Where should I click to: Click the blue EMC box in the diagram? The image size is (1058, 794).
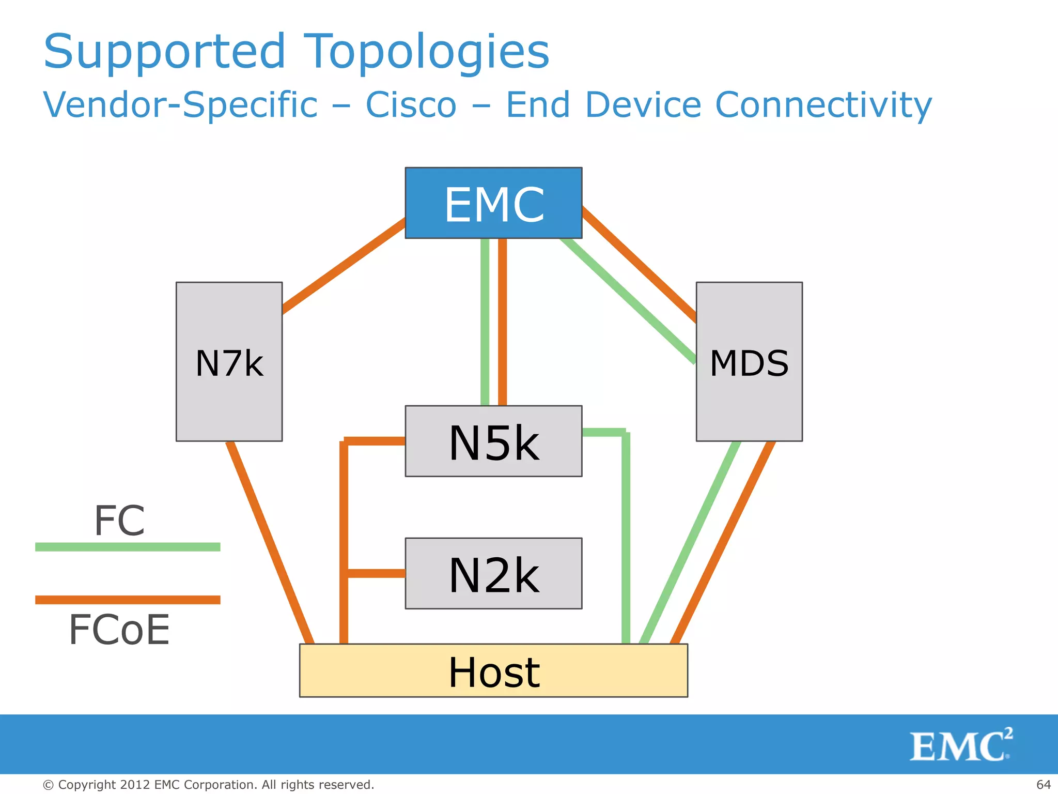[493, 203]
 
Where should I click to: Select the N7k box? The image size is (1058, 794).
[229, 361]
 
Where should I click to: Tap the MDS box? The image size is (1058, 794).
[749, 361]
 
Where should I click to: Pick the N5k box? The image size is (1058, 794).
[493, 441]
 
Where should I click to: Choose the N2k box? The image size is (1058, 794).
[493, 573]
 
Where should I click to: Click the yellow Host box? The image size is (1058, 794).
[493, 670]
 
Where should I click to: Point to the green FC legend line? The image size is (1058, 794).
[128, 547]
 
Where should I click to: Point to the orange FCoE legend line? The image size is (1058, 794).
[128, 600]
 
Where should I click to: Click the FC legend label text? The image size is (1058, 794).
[119, 521]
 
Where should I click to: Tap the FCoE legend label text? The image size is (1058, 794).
[119, 630]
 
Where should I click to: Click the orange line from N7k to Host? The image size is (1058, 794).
[270, 543]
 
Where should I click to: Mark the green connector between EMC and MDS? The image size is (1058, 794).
[628, 300]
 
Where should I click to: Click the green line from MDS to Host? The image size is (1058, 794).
[690, 543]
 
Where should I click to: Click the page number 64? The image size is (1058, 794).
[1043, 785]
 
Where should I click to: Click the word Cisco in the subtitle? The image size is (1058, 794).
[411, 105]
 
